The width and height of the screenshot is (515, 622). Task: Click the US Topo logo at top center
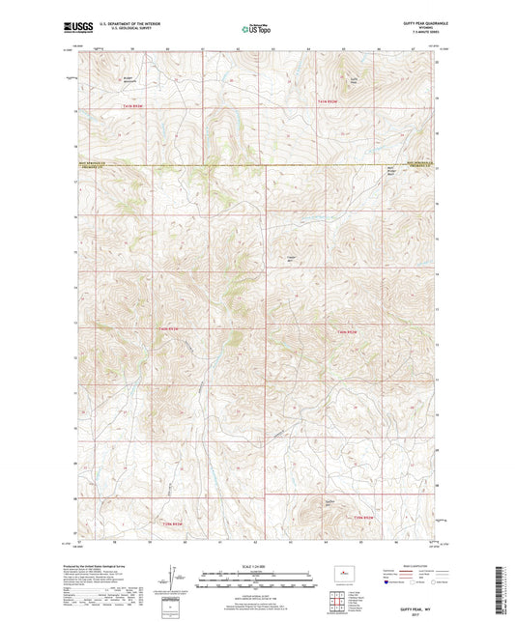tap(256, 30)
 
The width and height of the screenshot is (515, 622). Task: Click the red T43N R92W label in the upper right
tap(329, 100)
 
